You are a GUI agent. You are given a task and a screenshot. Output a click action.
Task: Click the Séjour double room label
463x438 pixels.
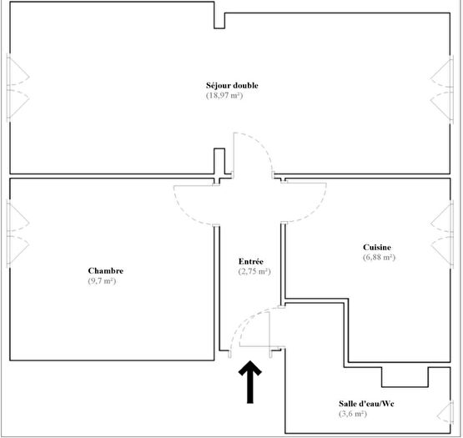point(233,85)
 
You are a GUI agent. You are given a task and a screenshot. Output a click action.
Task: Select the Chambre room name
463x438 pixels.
point(106,271)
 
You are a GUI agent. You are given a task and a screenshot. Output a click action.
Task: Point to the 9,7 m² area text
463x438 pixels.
point(101,282)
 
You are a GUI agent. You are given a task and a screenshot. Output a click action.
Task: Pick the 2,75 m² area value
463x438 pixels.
point(254,272)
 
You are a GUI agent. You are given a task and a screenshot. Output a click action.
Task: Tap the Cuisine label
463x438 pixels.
point(379,247)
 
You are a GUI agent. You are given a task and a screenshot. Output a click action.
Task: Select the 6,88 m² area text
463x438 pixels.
point(379,258)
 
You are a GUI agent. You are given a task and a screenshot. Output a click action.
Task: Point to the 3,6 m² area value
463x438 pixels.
point(351,414)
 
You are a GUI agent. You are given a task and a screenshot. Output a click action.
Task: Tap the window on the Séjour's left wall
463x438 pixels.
point(17,88)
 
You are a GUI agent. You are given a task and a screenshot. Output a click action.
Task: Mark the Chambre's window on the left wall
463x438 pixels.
point(17,231)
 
